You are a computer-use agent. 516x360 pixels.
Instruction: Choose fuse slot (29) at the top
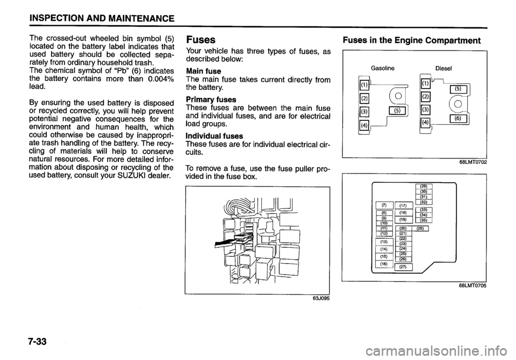425,186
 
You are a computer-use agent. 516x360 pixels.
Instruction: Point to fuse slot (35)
425,220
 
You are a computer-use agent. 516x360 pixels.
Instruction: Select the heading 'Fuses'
200,40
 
